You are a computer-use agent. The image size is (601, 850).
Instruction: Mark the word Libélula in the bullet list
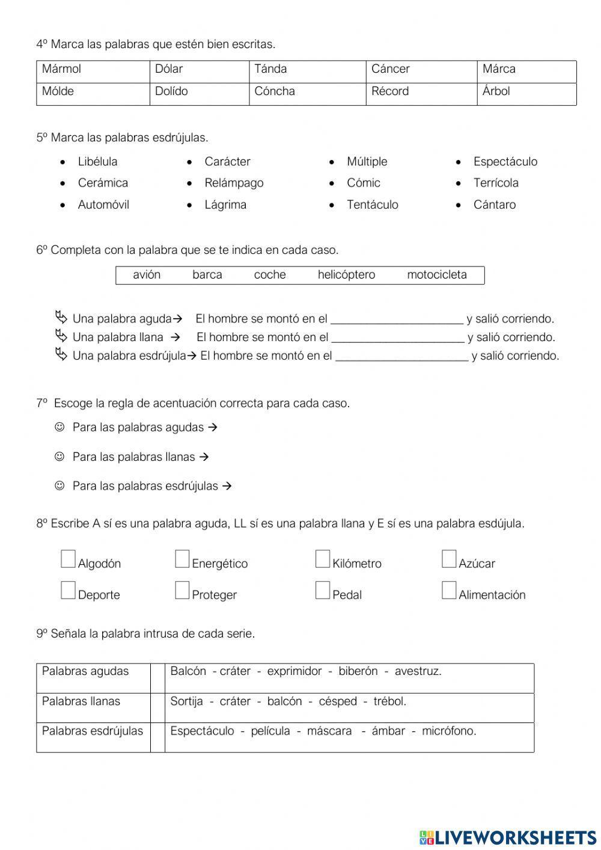97,162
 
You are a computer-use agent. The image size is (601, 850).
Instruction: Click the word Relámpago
234,183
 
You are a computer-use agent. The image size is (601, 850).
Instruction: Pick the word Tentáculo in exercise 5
372,205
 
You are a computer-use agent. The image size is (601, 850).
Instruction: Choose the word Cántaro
494,205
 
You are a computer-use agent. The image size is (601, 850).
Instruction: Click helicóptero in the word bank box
346,275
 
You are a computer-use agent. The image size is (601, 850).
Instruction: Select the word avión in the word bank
147,275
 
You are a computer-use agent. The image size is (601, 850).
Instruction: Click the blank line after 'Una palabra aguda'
397,319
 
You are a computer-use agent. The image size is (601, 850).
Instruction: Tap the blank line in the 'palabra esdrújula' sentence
401,357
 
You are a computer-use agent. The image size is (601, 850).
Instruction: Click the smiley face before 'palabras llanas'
59,457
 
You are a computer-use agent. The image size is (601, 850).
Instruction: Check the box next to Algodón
68,559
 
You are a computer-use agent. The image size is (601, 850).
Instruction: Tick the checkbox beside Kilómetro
323,559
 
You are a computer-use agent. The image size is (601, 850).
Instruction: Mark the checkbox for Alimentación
449,591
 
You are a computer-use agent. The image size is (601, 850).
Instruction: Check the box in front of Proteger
182,591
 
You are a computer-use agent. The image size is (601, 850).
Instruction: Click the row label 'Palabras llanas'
81,701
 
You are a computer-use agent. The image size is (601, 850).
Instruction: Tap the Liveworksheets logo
508,837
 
